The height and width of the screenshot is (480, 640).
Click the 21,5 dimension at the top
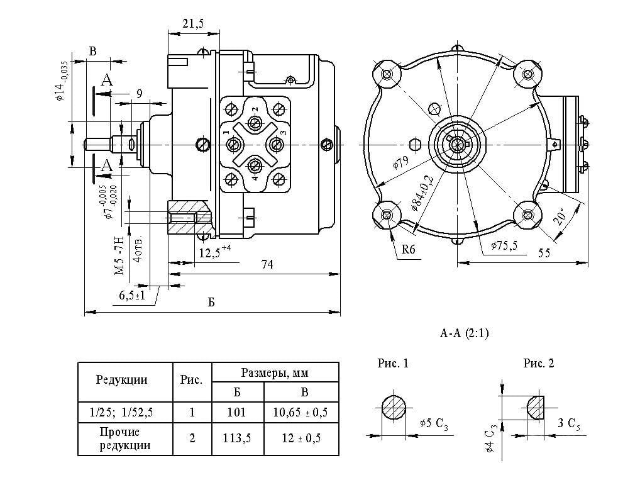[193, 23]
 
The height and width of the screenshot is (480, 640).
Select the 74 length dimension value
[267, 265]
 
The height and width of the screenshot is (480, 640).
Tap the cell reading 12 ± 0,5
[301, 438]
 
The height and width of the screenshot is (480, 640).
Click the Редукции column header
[121, 379]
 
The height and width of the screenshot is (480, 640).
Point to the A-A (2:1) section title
[464, 333]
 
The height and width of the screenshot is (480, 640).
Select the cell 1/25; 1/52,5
[121, 412]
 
